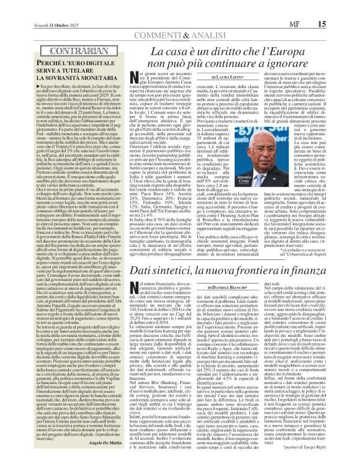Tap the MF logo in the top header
[300, 7]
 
